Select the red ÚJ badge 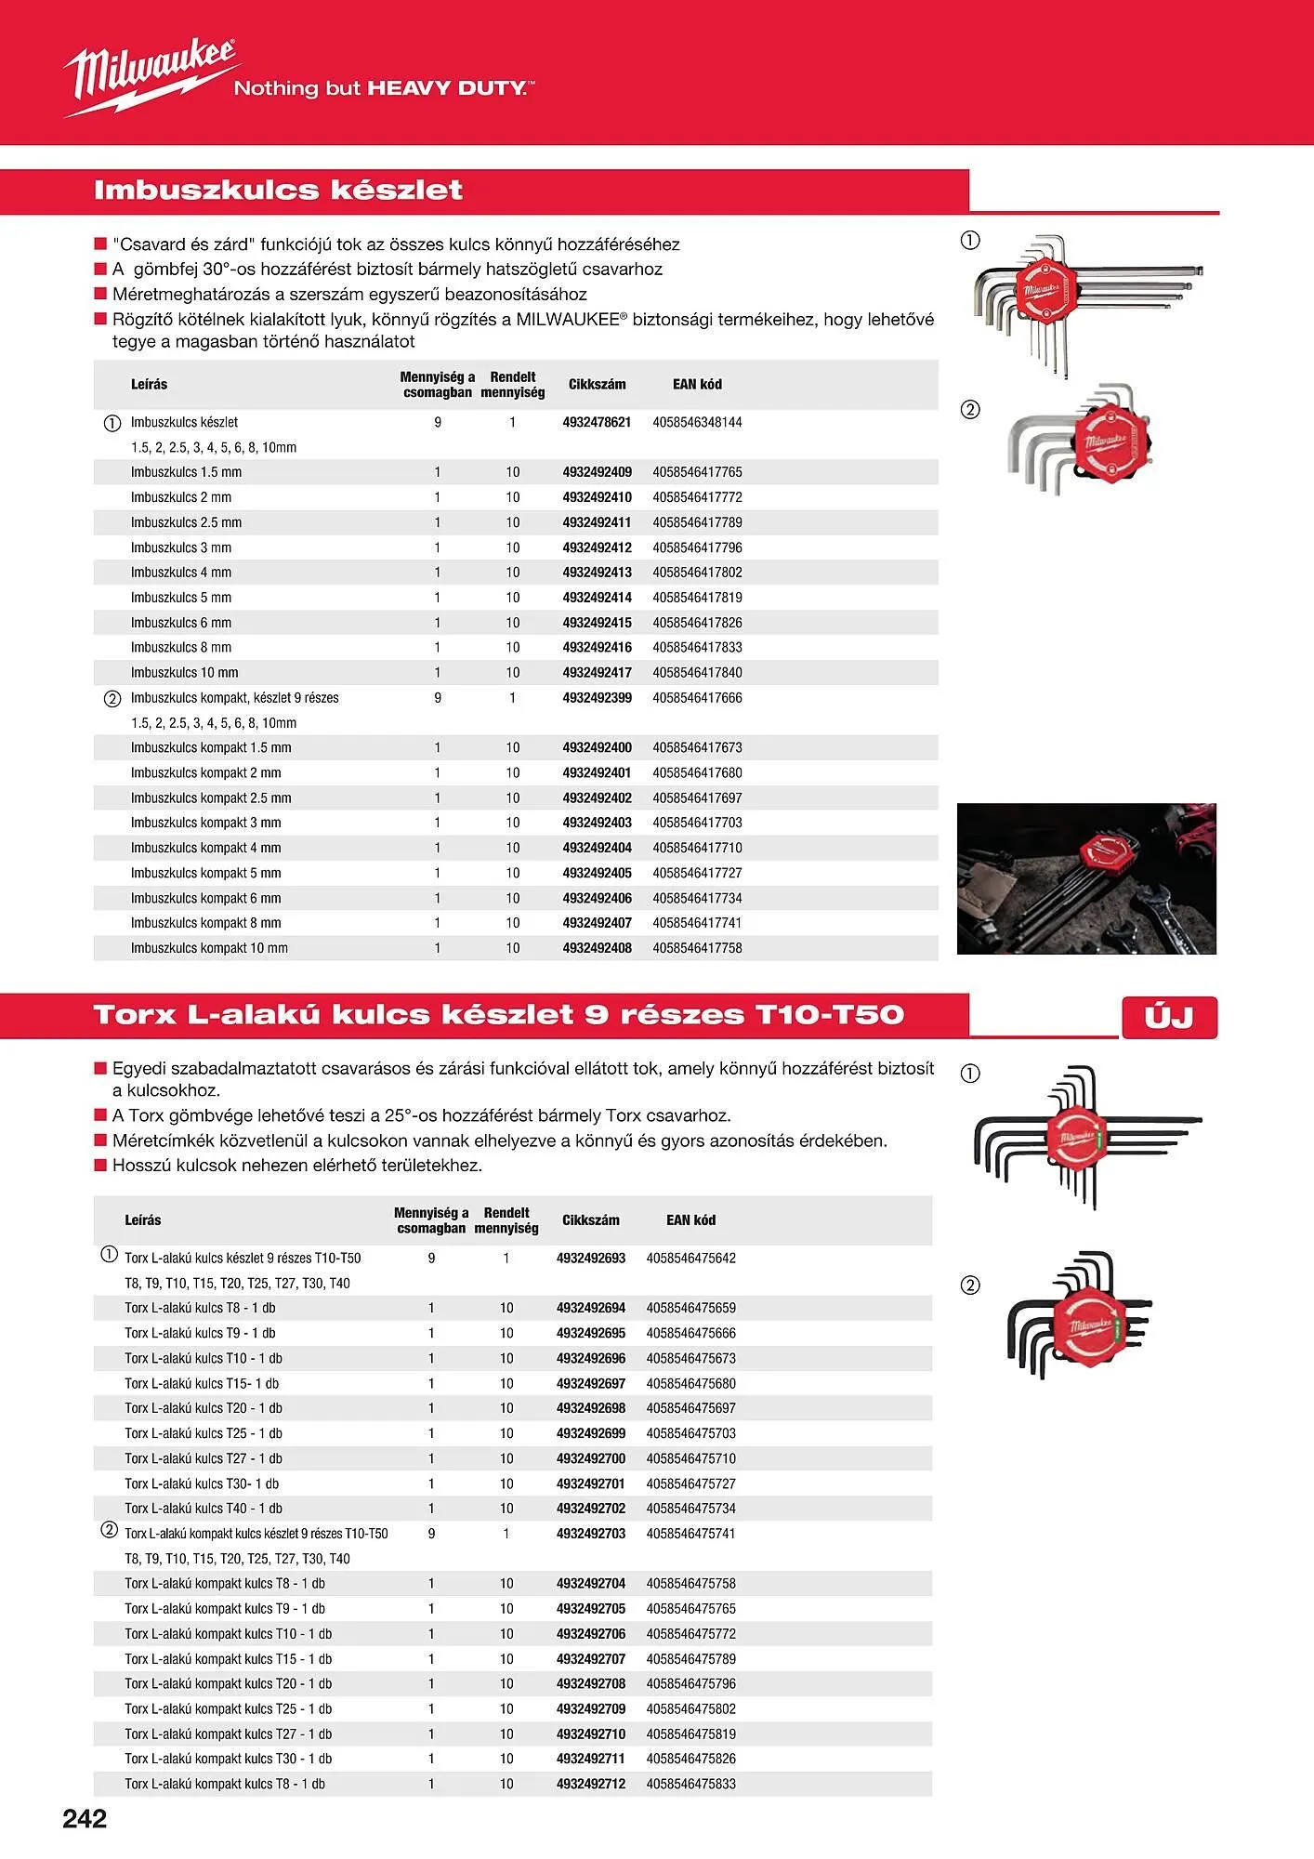(x=1169, y=1017)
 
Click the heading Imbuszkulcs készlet (x=278, y=191)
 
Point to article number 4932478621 (x=597, y=422)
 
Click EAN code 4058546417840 (x=697, y=673)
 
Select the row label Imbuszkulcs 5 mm (x=181, y=598)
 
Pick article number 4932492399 (x=597, y=698)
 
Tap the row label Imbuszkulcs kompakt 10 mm (x=209, y=948)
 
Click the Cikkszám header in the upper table (x=597, y=384)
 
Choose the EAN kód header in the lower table (x=690, y=1220)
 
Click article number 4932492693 (x=591, y=1259)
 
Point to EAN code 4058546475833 (x=690, y=1784)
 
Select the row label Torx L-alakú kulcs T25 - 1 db (x=204, y=1433)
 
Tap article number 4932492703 (x=591, y=1534)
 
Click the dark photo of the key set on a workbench (x=1086, y=878)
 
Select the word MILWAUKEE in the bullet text (x=567, y=319)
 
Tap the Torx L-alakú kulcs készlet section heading (x=498, y=1015)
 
